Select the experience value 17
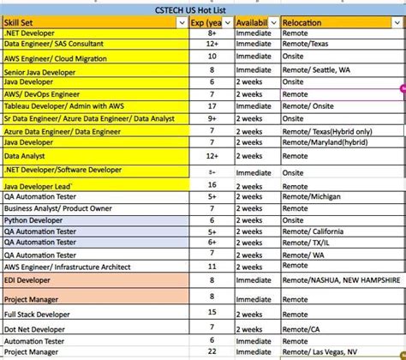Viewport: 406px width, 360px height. (210, 105)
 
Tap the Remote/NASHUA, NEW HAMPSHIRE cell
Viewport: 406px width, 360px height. (341, 279)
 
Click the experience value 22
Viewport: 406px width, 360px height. (211, 351)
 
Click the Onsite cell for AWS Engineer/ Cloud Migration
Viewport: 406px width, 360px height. (296, 56)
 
